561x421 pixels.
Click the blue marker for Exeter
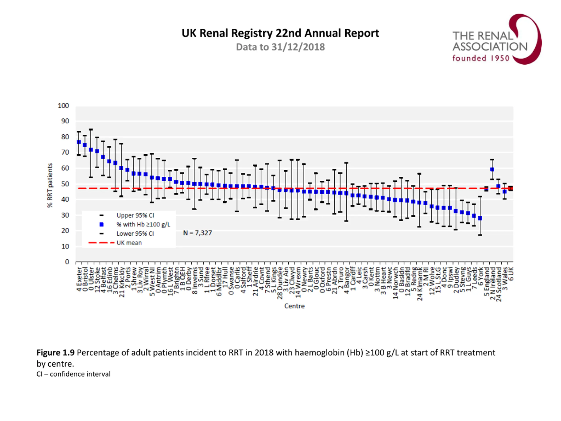79,142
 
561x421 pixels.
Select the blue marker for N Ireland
492,169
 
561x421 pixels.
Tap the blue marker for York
480,218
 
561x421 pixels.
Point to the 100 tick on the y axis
63,106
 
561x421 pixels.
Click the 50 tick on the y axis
65,184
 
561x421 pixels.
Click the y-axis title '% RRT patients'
50,185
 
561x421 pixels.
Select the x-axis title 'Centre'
294,306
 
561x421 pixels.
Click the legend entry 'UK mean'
129,243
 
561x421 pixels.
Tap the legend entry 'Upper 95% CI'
135,216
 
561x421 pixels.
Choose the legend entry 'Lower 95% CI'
135,234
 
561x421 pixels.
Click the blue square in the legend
101,225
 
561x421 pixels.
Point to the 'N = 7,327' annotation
197,233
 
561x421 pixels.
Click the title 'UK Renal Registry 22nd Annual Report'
280,33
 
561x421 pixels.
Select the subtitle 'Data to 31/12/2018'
280,47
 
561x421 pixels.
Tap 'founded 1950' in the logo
481,58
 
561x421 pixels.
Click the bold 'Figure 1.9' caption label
55,353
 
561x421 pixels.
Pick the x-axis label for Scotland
499,284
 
